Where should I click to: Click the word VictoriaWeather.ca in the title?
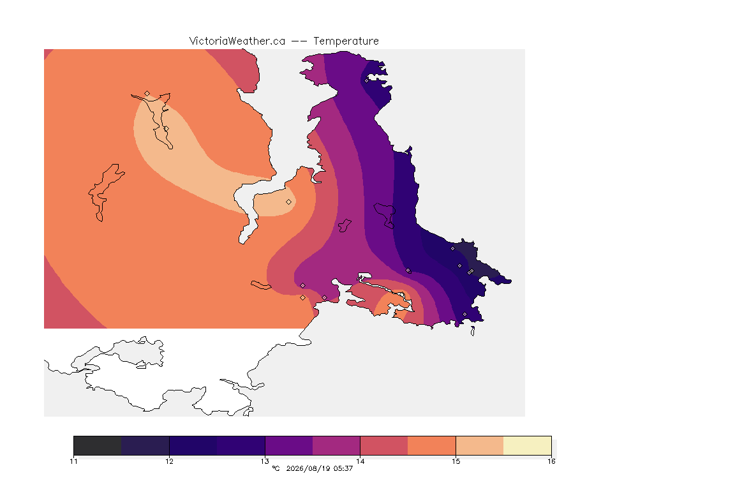[x=237, y=41]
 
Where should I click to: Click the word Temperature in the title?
[x=346, y=41]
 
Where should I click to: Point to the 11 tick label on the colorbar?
[x=73, y=461]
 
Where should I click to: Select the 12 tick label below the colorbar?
[x=169, y=461]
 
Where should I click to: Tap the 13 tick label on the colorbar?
[x=265, y=461]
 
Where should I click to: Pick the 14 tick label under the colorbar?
[x=360, y=461]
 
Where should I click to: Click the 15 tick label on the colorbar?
[x=456, y=461]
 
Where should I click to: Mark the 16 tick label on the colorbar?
[x=551, y=461]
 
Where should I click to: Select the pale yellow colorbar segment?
[x=528, y=445]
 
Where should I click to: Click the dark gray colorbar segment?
[x=98, y=445]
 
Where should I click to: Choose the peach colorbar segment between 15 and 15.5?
[x=480, y=445]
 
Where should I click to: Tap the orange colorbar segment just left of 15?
[x=432, y=445]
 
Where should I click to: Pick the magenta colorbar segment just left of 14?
[x=336, y=445]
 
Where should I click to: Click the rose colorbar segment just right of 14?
[x=384, y=445]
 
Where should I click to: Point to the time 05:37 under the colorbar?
[x=343, y=468]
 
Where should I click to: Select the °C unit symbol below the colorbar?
[x=276, y=468]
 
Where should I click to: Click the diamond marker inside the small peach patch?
[x=289, y=202]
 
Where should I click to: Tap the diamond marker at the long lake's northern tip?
[x=147, y=94]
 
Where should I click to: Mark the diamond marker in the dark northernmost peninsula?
[x=367, y=80]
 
